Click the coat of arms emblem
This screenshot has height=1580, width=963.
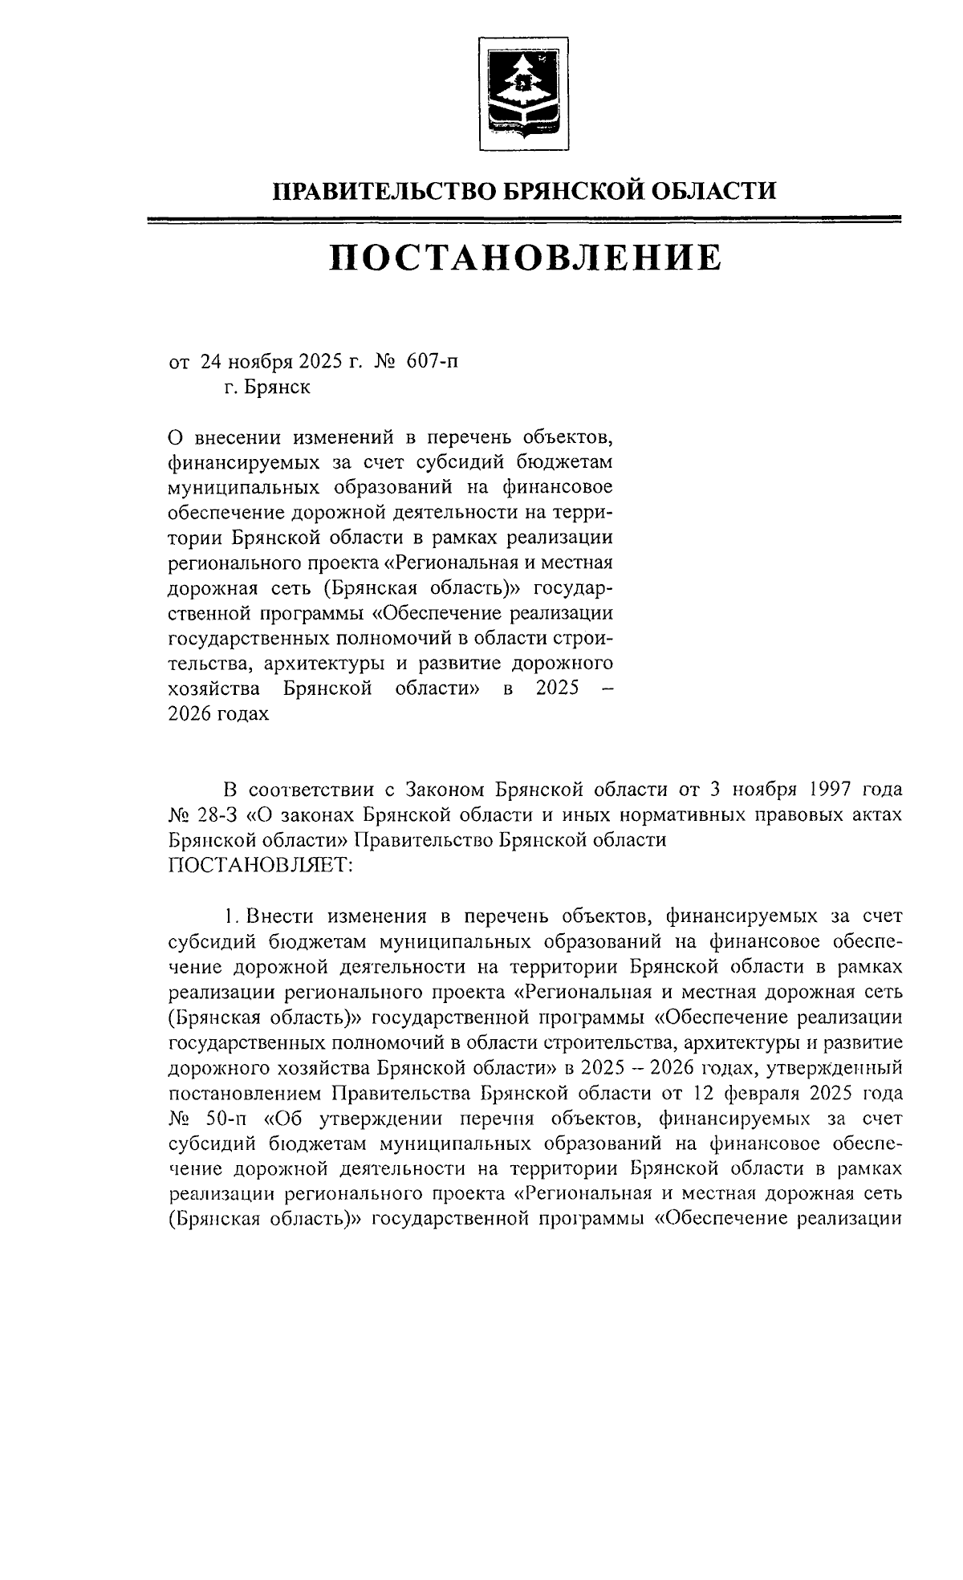pos(524,93)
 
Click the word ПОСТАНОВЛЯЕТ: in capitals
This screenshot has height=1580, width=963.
pos(261,865)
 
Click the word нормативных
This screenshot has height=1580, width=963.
pos(682,814)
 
